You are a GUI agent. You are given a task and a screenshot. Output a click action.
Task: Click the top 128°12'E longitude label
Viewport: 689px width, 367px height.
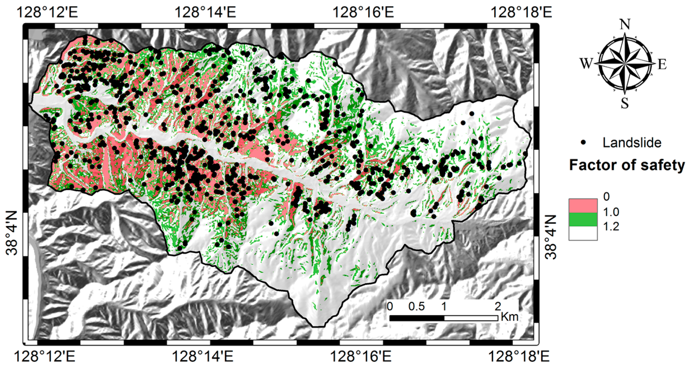click(47, 13)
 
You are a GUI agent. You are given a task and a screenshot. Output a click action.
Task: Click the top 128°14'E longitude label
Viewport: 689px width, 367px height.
click(205, 13)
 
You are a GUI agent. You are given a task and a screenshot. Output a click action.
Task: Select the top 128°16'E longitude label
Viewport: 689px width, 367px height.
click(363, 13)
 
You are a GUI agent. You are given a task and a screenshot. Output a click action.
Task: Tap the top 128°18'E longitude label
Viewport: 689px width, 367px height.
click(521, 13)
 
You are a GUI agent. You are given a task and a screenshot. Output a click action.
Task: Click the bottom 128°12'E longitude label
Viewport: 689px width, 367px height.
click(44, 357)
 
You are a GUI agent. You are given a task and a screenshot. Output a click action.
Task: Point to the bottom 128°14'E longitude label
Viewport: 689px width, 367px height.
click(202, 357)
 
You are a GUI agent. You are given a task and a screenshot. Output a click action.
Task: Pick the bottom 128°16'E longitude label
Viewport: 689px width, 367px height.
click(361, 357)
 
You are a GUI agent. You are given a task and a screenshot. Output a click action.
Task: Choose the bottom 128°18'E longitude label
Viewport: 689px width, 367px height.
click(519, 357)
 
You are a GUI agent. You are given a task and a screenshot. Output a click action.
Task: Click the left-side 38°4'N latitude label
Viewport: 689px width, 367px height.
click(12, 233)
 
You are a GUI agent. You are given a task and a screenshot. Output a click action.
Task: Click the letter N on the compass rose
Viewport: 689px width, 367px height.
click(625, 25)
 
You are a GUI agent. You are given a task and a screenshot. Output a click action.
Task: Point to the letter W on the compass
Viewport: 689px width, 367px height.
click(586, 64)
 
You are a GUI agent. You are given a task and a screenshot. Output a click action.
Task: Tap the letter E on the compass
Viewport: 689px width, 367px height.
click(662, 64)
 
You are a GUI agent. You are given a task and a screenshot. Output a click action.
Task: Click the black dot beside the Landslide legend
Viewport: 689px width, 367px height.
click(583, 143)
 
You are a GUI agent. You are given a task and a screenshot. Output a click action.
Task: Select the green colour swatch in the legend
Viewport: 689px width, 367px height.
click(583, 220)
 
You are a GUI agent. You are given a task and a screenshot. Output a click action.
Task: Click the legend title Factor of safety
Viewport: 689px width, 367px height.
click(627, 165)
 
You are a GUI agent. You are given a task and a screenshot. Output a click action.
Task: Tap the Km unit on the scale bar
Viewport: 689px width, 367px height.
click(510, 317)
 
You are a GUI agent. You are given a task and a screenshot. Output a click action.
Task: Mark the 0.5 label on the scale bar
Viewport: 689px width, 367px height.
click(416, 306)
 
